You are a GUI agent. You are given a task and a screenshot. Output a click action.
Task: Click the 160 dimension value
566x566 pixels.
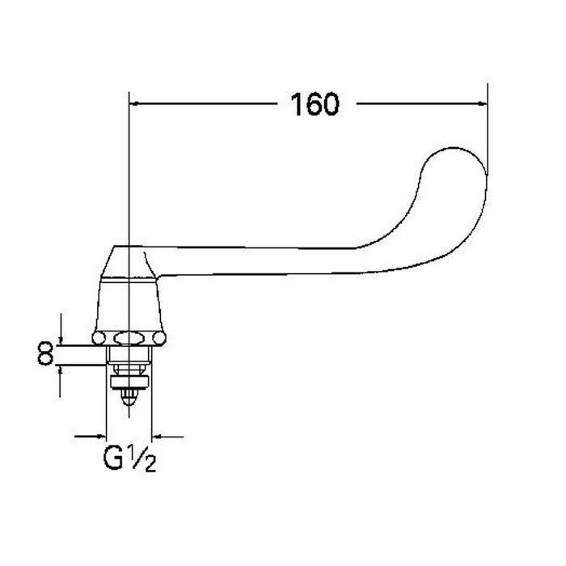click(315, 104)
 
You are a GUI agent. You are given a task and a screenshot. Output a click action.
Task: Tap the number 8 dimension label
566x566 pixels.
click(46, 354)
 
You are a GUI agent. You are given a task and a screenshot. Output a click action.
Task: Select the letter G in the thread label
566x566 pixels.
click(113, 458)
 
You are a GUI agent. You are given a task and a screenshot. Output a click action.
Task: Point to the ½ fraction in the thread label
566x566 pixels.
click(144, 458)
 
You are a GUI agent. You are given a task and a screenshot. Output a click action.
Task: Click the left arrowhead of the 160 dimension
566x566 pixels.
click(134, 104)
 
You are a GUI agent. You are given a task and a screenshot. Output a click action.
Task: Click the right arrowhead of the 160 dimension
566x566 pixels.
click(483, 104)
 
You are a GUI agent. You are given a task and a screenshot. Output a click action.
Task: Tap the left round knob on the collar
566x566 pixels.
click(99, 338)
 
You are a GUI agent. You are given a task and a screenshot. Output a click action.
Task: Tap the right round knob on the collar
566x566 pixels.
click(159, 338)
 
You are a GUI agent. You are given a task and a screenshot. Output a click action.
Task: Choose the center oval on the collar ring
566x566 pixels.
click(129, 338)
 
